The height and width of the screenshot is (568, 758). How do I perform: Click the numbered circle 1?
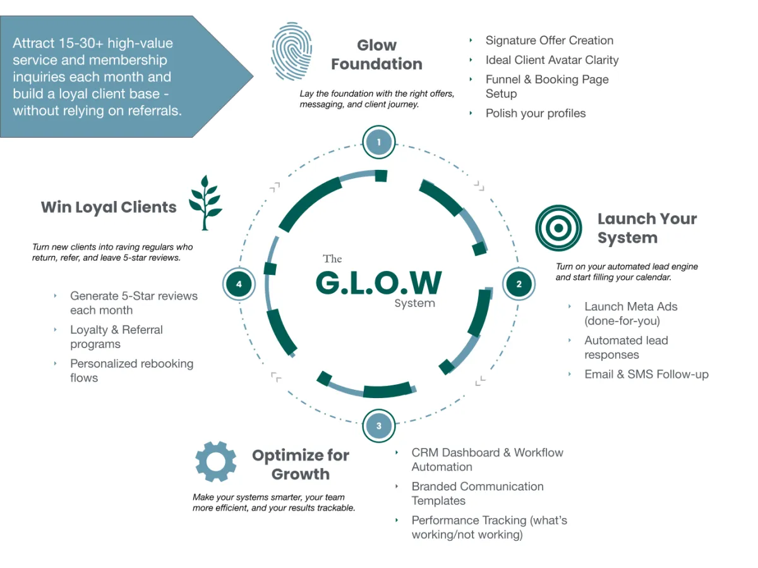click(379, 142)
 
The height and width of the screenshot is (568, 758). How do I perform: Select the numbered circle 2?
click(519, 284)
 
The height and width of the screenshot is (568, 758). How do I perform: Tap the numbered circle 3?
click(379, 425)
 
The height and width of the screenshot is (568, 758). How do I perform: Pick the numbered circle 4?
click(239, 284)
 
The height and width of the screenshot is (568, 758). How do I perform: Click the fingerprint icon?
click(291, 52)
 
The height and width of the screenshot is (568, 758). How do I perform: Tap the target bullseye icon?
click(558, 228)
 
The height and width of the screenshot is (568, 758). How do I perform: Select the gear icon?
click(216, 462)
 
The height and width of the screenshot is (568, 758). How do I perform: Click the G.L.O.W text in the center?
click(379, 283)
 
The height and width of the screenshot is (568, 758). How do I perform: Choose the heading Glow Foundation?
click(376, 55)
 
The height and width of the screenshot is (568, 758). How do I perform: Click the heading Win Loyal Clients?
click(109, 207)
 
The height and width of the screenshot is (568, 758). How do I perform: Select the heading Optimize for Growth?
click(300, 464)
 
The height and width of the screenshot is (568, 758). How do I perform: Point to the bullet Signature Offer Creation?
click(549, 40)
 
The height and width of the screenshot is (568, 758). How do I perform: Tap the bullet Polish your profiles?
click(535, 114)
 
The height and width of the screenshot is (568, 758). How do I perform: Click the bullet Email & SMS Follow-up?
click(646, 375)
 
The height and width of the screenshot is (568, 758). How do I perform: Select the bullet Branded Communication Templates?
click(477, 493)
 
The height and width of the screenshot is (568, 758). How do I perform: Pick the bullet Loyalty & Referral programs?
click(116, 337)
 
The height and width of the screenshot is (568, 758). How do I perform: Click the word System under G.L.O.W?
click(414, 303)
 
